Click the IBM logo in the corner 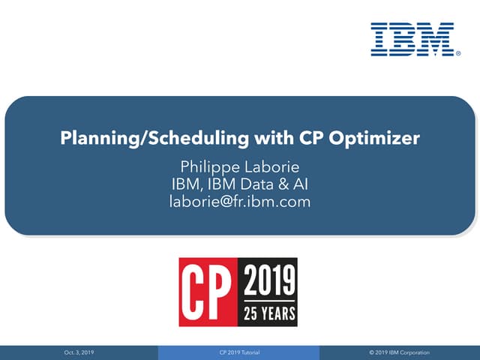(x=412, y=39)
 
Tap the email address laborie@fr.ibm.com (x=240, y=201)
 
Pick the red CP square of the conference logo (x=208, y=292)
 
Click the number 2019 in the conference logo (x=268, y=282)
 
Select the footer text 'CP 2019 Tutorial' (x=239, y=352)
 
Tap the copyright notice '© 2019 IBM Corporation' (x=400, y=352)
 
